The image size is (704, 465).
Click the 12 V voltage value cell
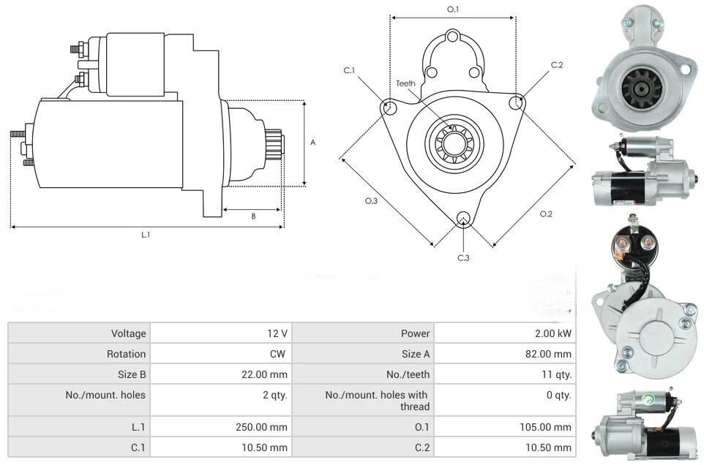(x=277, y=333)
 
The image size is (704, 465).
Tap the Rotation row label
(x=128, y=354)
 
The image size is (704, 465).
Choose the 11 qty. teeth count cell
(x=555, y=374)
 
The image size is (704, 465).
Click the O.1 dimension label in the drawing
(x=452, y=10)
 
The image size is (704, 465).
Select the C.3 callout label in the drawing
(x=463, y=257)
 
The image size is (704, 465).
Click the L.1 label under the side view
(x=146, y=235)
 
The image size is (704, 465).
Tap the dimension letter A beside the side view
(x=312, y=143)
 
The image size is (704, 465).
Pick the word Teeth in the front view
(x=406, y=83)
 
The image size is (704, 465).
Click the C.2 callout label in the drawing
(x=557, y=65)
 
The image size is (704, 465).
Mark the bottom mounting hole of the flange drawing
(x=463, y=219)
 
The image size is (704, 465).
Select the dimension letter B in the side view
(x=252, y=216)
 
